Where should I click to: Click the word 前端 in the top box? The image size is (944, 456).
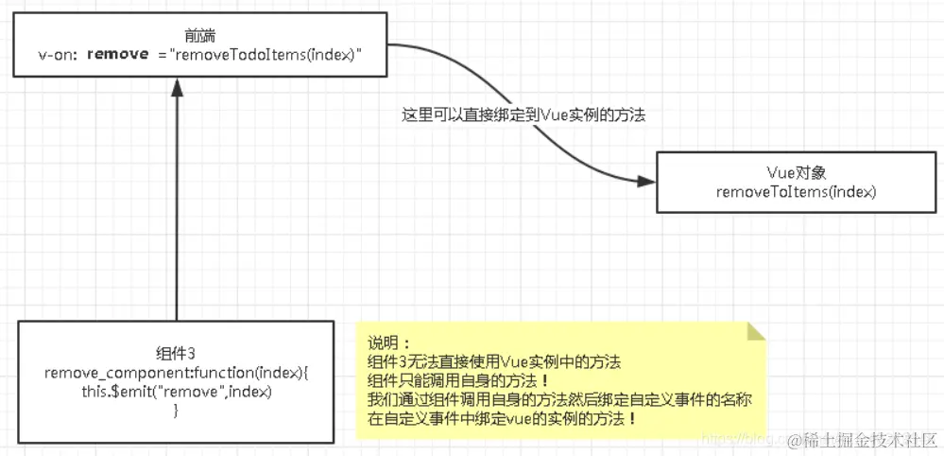point(201,36)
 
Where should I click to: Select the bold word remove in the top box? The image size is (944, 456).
point(117,55)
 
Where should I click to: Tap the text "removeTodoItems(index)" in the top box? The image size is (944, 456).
point(266,55)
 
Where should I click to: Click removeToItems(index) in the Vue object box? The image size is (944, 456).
point(797,191)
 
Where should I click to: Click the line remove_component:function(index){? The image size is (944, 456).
point(176,374)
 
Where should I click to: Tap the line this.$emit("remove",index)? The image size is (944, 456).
point(176,392)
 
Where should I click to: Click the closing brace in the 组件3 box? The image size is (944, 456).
point(176,410)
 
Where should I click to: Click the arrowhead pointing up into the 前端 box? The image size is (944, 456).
point(176,87)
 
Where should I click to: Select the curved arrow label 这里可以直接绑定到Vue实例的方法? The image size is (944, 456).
point(524,114)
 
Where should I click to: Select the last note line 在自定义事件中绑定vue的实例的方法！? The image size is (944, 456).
point(501,418)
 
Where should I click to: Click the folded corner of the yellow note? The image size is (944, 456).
point(755,331)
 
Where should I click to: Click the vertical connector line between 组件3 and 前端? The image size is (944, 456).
point(176,208)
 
